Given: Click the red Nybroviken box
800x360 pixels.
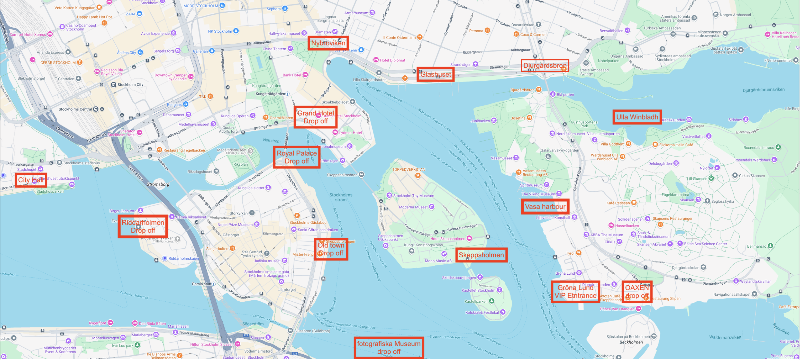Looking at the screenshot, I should pyautogui.click(x=328, y=43).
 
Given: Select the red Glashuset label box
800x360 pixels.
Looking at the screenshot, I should pyautogui.click(x=435, y=74).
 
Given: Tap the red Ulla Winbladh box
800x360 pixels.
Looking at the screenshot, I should pyautogui.click(x=637, y=117).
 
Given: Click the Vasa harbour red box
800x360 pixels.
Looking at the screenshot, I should pyautogui.click(x=545, y=206).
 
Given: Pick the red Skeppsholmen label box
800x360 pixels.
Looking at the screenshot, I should pyautogui.click(x=481, y=255).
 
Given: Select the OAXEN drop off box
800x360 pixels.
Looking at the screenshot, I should pyautogui.click(x=637, y=291).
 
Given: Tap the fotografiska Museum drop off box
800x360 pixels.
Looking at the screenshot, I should pyautogui.click(x=388, y=347).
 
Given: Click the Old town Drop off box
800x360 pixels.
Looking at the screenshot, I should pyautogui.click(x=331, y=249).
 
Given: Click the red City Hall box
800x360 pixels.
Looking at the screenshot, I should pyautogui.click(x=31, y=180).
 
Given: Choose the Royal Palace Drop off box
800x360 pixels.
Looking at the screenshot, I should pyautogui.click(x=297, y=157).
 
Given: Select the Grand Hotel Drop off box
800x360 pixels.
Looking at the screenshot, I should pyautogui.click(x=315, y=117).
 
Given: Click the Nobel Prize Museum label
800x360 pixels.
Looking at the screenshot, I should pyautogui.click(x=235, y=224).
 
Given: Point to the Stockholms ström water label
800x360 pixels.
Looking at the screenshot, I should pyautogui.click(x=341, y=197).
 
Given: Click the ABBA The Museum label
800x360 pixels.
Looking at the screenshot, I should pyautogui.click(x=606, y=235).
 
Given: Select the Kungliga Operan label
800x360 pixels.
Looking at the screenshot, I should pyautogui.click(x=234, y=116).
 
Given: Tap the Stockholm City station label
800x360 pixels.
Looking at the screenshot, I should pyautogui.click(x=130, y=85).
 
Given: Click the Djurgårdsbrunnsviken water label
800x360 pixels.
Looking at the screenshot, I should pyautogui.click(x=763, y=90).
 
